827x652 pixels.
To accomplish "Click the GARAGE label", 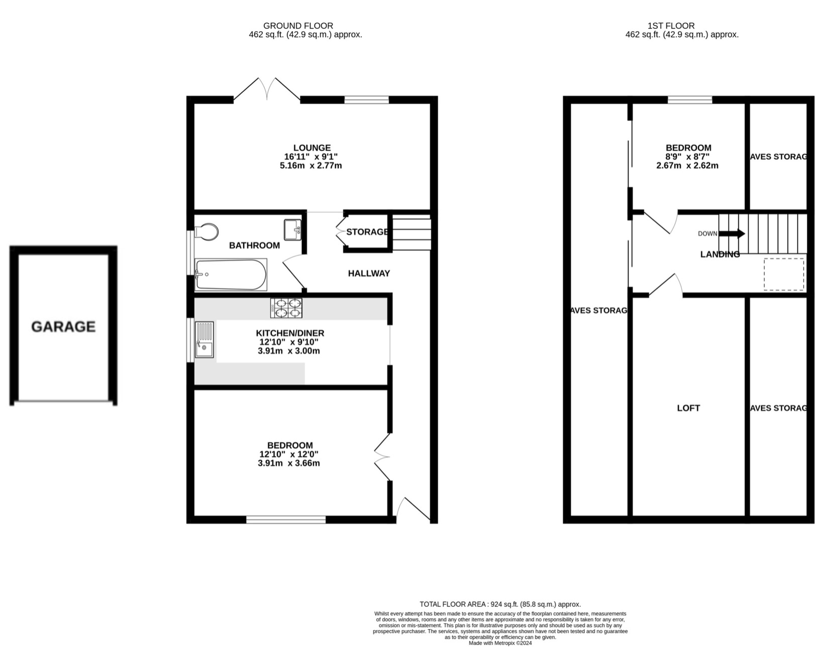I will point(63,327).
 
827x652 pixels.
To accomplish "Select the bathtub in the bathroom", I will point(231,275).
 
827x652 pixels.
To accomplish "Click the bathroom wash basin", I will point(292,230).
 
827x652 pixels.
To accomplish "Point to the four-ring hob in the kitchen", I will point(287,308).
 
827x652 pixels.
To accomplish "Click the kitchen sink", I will point(204,340).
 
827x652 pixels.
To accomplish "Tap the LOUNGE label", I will point(312,148).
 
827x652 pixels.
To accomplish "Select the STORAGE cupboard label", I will point(367,232).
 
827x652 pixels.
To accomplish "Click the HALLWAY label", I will point(369,273).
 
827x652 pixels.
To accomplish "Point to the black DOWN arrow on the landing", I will point(732,234).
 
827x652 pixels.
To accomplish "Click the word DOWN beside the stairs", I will point(707,234).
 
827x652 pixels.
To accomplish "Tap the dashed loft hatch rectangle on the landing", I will point(784,274).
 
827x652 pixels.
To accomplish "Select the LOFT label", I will point(688,408).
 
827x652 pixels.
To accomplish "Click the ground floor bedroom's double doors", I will point(382,457).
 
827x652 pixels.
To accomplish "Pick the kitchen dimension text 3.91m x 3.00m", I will point(288,351).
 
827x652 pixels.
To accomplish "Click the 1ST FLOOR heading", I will point(671,26).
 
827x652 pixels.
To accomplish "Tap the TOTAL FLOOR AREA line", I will point(500,604).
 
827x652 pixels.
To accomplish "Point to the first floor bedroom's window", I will point(690,100).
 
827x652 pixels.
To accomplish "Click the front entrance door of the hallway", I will point(414,510).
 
